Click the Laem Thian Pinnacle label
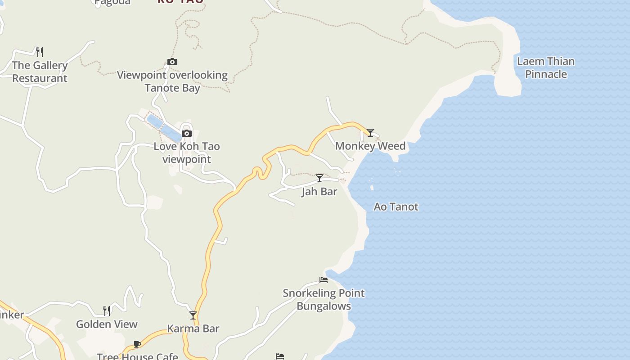pyautogui.click(x=546, y=67)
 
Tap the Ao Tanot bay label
pyautogui.click(x=396, y=207)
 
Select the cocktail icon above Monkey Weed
pyautogui.click(x=370, y=132)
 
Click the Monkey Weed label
pyautogui.click(x=370, y=146)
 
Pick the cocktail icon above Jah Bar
pyautogui.click(x=319, y=178)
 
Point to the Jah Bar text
pyautogui.click(x=319, y=192)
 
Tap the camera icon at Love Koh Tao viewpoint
pyautogui.click(x=187, y=133)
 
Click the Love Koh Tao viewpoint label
pyautogui.click(x=187, y=153)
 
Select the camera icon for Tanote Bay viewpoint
pyautogui.click(x=172, y=62)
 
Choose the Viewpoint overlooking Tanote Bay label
pyautogui.click(x=172, y=81)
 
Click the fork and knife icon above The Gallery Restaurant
pyautogui.click(x=40, y=52)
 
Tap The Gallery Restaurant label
pyautogui.click(x=40, y=72)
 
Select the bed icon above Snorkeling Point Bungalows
pyautogui.click(x=323, y=279)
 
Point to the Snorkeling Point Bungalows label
pyautogui.click(x=324, y=300)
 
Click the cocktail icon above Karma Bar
pyautogui.click(x=193, y=315)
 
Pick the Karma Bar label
pyautogui.click(x=193, y=328)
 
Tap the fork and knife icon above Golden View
pyautogui.click(x=107, y=310)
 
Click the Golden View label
pyautogui.click(x=107, y=324)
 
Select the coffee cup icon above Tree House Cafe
pyautogui.click(x=137, y=345)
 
